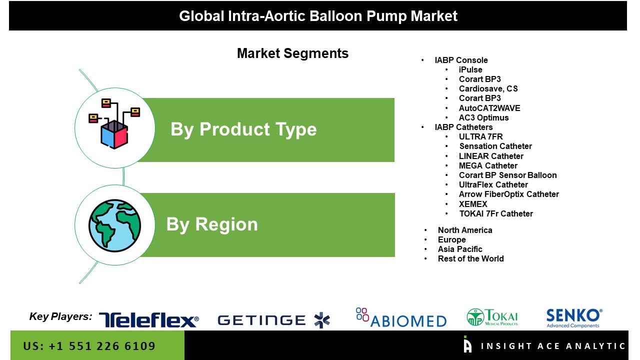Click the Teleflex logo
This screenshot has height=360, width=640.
point(149,319)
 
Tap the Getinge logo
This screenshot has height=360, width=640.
point(273,320)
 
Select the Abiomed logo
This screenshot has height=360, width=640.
point(401,317)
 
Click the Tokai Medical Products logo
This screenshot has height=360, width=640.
point(492,317)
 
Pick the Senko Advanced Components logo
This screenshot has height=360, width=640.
point(574,318)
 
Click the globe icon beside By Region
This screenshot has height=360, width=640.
point(114,225)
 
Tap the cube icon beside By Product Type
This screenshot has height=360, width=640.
point(114,123)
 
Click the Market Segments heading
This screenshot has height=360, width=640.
point(293,53)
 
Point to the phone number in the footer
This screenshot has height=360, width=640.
point(89,346)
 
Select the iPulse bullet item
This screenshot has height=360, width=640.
point(470,69)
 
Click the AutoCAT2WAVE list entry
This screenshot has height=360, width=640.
point(489,108)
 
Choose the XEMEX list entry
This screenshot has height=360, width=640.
point(473,204)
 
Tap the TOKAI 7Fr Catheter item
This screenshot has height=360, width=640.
point(496,213)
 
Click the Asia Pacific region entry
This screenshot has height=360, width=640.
point(460,249)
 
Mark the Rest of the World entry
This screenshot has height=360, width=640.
point(471,259)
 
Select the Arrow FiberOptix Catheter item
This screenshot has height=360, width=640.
point(509,194)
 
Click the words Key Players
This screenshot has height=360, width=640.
point(60,316)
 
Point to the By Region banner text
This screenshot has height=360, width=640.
point(212,224)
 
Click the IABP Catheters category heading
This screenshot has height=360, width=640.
point(463,127)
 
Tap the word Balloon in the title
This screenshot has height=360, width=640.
point(336,16)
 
